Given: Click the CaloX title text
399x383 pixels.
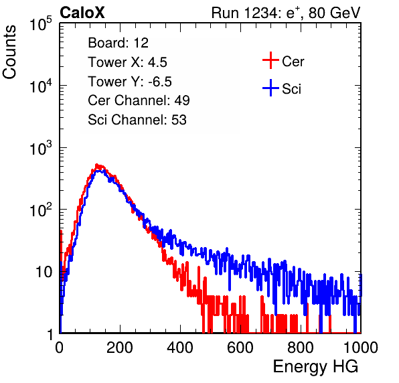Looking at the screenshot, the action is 82,13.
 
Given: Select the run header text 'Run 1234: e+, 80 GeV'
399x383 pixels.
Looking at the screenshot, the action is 286,13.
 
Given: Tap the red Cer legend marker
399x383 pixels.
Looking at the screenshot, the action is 270,60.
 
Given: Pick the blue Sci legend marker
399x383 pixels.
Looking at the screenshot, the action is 270,88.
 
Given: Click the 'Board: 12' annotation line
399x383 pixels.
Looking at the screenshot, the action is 118,43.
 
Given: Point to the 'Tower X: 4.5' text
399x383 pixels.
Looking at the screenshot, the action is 127,62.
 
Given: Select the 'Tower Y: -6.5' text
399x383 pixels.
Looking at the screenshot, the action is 130,82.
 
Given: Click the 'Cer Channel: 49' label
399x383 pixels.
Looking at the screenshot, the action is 139,100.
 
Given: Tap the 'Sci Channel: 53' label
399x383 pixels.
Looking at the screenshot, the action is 137,120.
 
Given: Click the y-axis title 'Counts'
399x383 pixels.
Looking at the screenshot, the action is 9,52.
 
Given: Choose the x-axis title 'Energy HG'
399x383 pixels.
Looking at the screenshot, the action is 315,367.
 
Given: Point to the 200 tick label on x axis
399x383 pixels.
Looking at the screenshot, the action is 120,348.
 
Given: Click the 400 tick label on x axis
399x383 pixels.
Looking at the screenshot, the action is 180,348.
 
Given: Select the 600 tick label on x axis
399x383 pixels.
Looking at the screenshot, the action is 240,348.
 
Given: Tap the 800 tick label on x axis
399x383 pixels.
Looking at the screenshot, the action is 301,348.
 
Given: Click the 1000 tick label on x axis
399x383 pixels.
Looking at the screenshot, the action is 361,348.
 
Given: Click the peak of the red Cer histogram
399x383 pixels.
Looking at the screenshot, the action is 96,165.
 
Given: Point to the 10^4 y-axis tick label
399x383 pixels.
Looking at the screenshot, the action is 41,86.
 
